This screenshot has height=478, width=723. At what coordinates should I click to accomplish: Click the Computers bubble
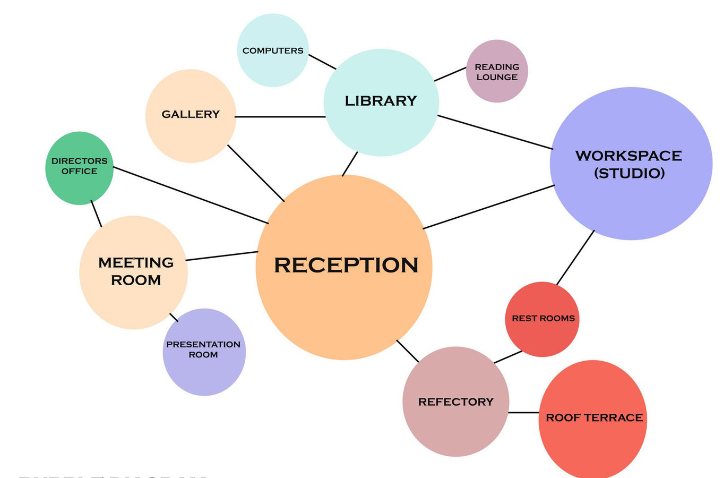(x=272, y=50)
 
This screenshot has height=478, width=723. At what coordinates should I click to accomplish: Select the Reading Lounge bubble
(x=497, y=71)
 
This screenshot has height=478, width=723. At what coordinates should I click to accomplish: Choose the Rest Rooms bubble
(x=542, y=319)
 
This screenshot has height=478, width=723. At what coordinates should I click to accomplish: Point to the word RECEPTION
(x=346, y=265)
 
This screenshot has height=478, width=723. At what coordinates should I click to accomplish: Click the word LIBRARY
(x=381, y=101)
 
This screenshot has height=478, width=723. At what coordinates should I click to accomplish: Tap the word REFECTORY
(x=455, y=402)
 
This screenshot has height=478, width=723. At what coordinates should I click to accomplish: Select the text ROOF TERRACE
(x=594, y=418)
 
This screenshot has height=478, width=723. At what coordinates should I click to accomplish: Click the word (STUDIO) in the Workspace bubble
(x=629, y=173)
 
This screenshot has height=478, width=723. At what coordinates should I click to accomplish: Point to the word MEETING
(x=136, y=262)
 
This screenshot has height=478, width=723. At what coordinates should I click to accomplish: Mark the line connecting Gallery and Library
(x=280, y=117)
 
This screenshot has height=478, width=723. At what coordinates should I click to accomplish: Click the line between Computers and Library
(x=322, y=62)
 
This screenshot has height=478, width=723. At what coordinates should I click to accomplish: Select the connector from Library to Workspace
(x=495, y=132)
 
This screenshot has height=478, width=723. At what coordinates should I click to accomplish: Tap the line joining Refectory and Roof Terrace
(x=523, y=412)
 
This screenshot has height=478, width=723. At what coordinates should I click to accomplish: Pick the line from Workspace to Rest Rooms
(x=575, y=258)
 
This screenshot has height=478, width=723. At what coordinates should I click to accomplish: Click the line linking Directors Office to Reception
(x=191, y=195)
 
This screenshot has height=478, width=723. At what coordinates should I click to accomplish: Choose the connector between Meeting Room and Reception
(x=221, y=256)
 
